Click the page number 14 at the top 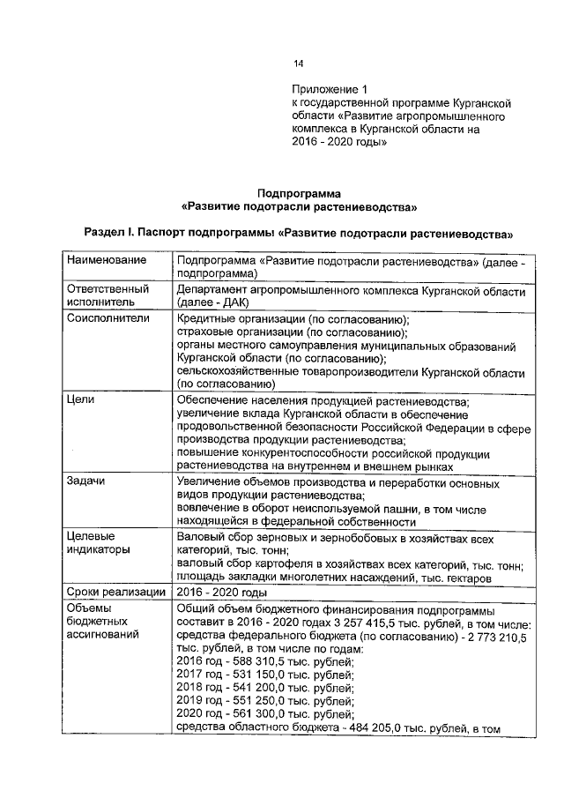pos(298,64)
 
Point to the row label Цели pos(81,399)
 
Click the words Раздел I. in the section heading pos(108,235)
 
